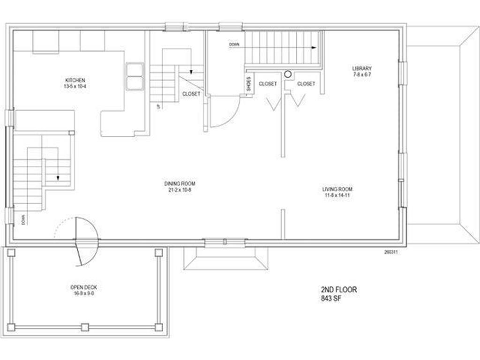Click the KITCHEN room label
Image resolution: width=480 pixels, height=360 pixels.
(x=75, y=80)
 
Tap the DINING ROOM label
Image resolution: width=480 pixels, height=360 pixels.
(x=180, y=183)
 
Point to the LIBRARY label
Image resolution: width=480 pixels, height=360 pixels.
(x=362, y=68)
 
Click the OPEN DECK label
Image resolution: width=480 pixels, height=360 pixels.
(x=84, y=287)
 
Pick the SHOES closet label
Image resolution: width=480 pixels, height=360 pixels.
(x=248, y=84)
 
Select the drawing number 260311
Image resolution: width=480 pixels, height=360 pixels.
(x=391, y=252)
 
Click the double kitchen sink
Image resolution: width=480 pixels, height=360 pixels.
(x=135, y=76)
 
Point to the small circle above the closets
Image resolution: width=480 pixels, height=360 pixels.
(x=288, y=74)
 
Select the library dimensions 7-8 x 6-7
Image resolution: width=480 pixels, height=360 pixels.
(x=362, y=75)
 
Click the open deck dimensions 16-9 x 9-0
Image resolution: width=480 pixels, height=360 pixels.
(x=84, y=293)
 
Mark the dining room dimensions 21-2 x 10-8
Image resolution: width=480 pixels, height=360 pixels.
(x=180, y=189)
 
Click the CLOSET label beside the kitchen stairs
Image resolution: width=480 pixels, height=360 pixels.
(x=191, y=94)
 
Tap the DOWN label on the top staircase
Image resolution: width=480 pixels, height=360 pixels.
(x=234, y=45)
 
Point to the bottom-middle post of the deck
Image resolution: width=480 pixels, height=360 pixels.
(x=84, y=327)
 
